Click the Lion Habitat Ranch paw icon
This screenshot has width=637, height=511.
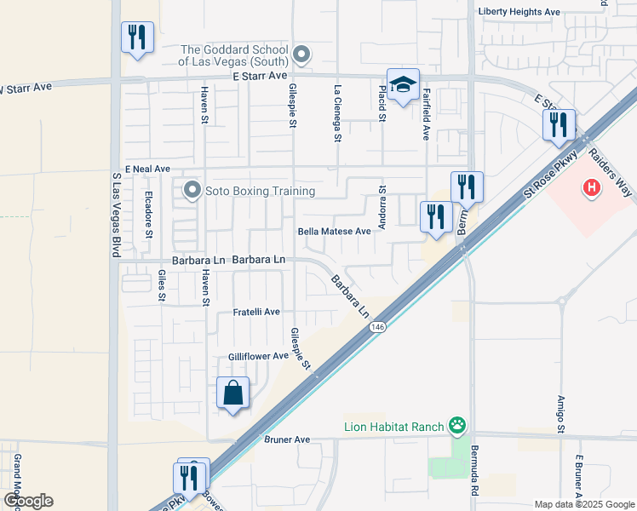click(458, 424)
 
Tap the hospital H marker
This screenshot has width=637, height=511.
click(589, 187)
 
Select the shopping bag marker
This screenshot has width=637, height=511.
click(233, 393)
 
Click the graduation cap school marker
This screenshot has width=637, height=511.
click(404, 85)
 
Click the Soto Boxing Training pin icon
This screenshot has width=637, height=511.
click(192, 189)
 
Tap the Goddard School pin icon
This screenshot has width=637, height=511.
click(300, 56)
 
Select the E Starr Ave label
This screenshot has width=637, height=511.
click(260, 76)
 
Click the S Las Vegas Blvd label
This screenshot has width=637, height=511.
click(116, 216)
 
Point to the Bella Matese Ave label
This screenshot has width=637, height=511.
click(335, 231)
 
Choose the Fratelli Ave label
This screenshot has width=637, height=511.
click(256, 313)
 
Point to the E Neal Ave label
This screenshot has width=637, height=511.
click(147, 169)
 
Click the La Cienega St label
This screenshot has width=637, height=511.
click(338, 112)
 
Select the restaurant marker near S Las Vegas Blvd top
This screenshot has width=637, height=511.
click(137, 38)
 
